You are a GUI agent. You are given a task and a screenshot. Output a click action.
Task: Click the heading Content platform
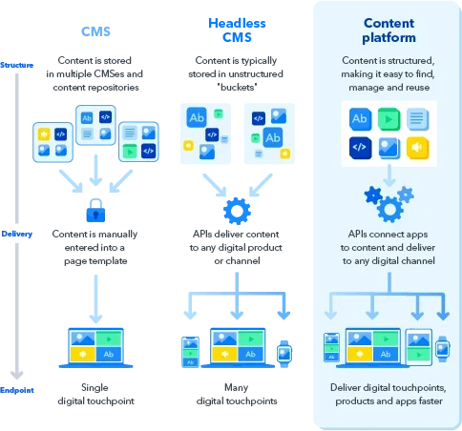tap(388, 31)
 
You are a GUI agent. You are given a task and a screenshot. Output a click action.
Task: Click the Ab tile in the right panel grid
tap(360, 119)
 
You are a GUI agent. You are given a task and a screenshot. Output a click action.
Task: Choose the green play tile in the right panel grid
tap(388, 119)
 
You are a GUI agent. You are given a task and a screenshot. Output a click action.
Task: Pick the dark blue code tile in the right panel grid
tap(360, 147)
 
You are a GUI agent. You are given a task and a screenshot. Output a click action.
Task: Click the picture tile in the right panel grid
tap(388, 147)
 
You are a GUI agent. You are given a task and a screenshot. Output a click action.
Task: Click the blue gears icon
tap(388, 201)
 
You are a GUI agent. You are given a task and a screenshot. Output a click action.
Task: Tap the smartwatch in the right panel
tap(443, 350)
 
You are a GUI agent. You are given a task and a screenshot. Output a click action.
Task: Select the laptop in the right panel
tap(371, 348)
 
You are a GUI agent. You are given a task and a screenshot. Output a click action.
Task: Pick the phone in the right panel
tap(330, 349)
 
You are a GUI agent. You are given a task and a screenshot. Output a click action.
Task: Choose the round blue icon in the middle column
tap(234, 211)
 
